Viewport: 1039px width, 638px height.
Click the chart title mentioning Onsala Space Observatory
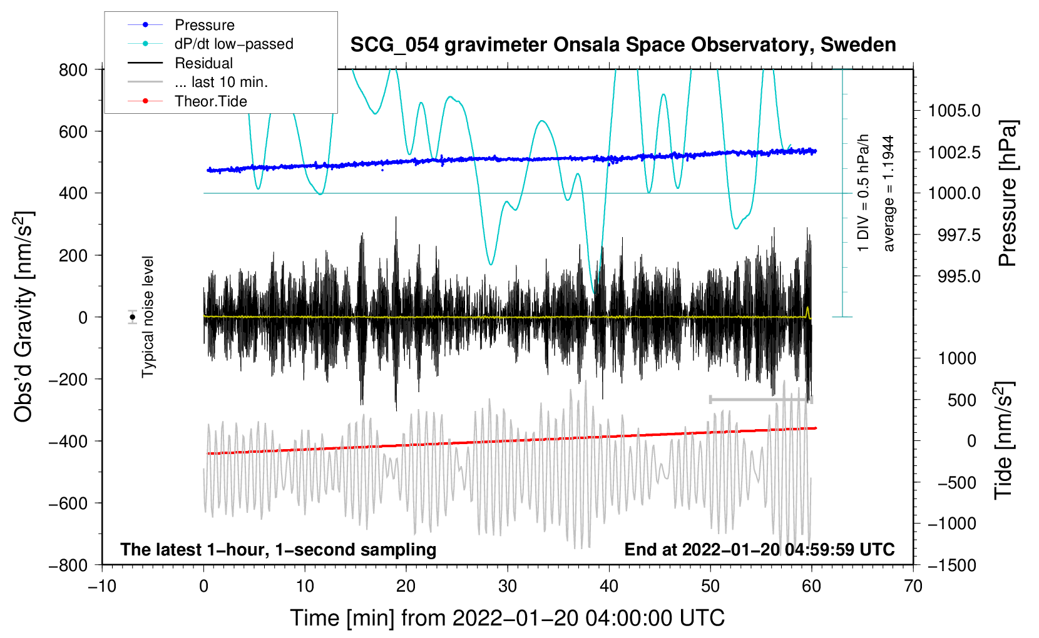(623, 45)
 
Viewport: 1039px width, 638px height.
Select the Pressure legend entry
(182, 24)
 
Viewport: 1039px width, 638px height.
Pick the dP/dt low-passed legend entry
(210, 44)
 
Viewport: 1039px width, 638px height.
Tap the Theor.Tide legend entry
(187, 101)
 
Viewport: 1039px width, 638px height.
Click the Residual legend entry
(180, 63)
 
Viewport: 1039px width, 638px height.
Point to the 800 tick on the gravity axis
(73, 70)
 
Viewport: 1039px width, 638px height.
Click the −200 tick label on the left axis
(68, 380)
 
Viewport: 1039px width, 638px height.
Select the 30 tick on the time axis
(508, 586)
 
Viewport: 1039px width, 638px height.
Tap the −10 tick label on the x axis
(102, 586)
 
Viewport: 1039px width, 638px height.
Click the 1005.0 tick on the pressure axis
(954, 111)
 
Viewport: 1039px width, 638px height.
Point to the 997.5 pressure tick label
(959, 235)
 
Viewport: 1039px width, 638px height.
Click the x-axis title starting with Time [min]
(508, 618)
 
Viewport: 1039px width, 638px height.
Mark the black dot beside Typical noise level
(133, 317)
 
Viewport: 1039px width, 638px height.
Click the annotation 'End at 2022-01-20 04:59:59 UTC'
(759, 549)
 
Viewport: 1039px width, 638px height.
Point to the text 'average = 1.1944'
(888, 193)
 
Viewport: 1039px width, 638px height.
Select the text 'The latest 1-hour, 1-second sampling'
(279, 549)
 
